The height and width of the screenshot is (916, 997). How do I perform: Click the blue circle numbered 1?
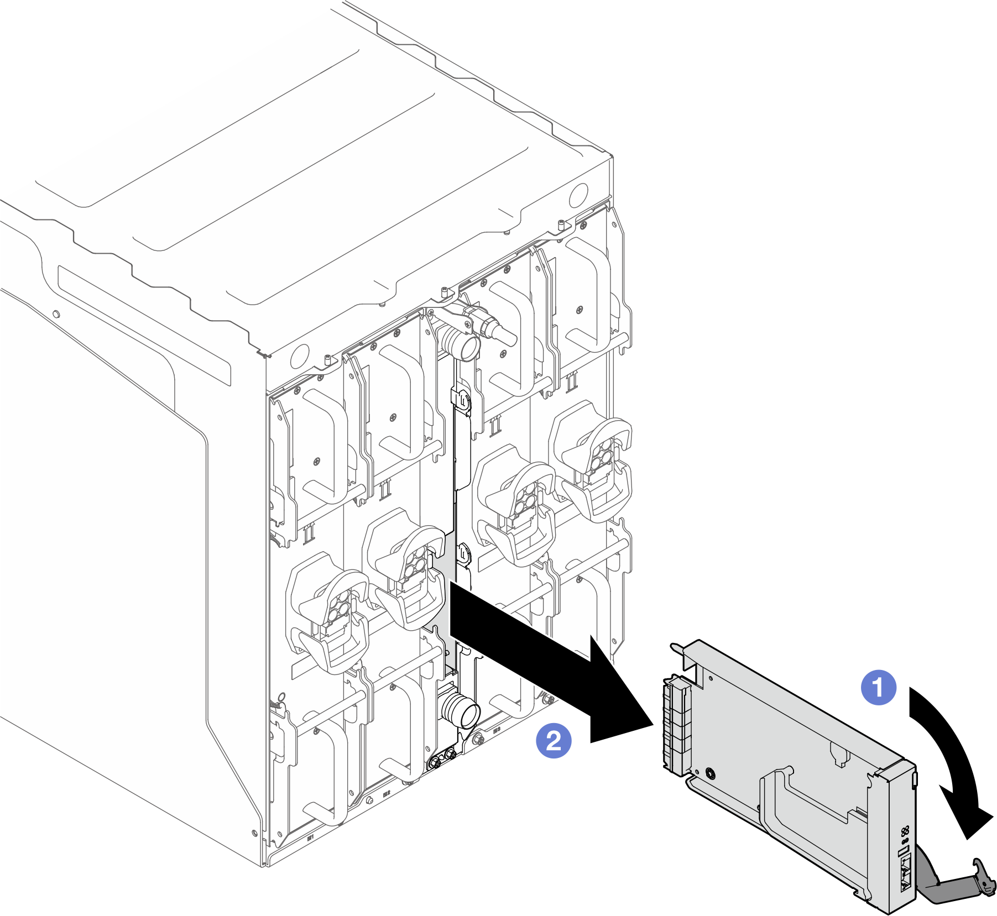879,688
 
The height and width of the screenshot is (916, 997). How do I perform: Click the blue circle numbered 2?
554,741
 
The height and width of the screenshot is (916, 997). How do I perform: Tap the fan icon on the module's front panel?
905,831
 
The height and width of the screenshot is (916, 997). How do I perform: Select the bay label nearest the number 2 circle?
496,731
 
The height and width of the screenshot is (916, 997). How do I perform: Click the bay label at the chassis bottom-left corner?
310,838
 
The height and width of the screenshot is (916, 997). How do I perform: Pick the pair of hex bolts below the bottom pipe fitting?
442,757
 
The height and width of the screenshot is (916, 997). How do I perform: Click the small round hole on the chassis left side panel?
55,315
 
